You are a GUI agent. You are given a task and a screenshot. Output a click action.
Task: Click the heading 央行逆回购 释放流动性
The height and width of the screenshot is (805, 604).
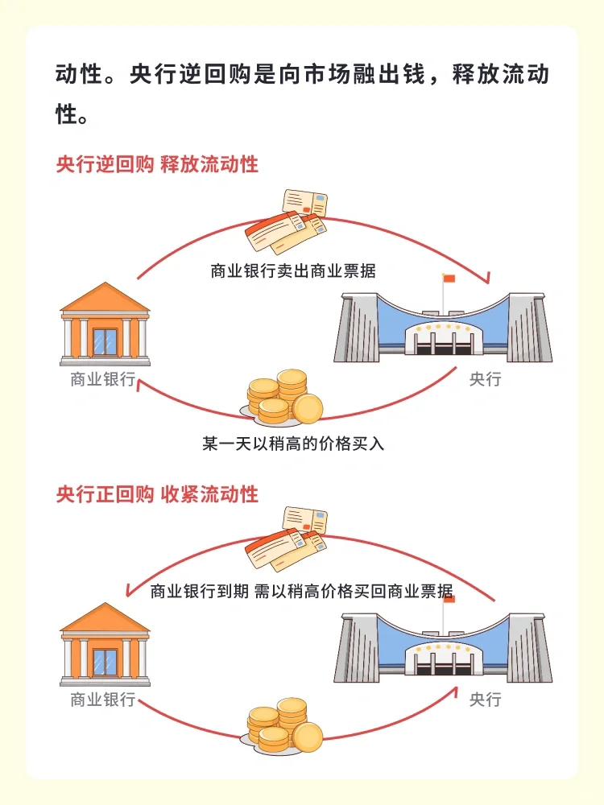click(157, 164)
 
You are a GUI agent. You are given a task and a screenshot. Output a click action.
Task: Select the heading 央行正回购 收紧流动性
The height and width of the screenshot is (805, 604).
click(157, 494)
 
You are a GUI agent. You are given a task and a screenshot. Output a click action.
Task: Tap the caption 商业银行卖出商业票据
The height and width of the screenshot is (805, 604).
click(293, 270)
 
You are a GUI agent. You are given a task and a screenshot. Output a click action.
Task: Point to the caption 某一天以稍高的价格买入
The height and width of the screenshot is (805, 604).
click(293, 443)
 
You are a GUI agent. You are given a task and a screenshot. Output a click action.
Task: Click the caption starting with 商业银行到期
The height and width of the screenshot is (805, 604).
click(302, 591)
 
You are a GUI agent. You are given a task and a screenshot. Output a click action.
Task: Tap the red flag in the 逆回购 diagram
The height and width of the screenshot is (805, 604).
click(449, 279)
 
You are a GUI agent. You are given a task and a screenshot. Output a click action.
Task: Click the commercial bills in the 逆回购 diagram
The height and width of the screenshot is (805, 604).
click(286, 222)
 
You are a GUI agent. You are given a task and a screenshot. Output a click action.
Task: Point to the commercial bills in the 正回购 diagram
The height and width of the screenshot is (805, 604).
click(286, 539)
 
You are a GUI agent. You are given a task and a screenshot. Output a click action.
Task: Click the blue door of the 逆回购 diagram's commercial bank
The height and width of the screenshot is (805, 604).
click(105, 342)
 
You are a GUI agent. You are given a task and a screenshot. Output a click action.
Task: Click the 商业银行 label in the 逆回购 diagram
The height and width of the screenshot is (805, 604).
click(103, 379)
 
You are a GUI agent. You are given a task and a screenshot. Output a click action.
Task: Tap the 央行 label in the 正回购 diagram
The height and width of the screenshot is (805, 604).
click(486, 700)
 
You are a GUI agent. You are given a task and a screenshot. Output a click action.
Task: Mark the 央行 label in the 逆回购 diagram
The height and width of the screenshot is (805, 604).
click(486, 379)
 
